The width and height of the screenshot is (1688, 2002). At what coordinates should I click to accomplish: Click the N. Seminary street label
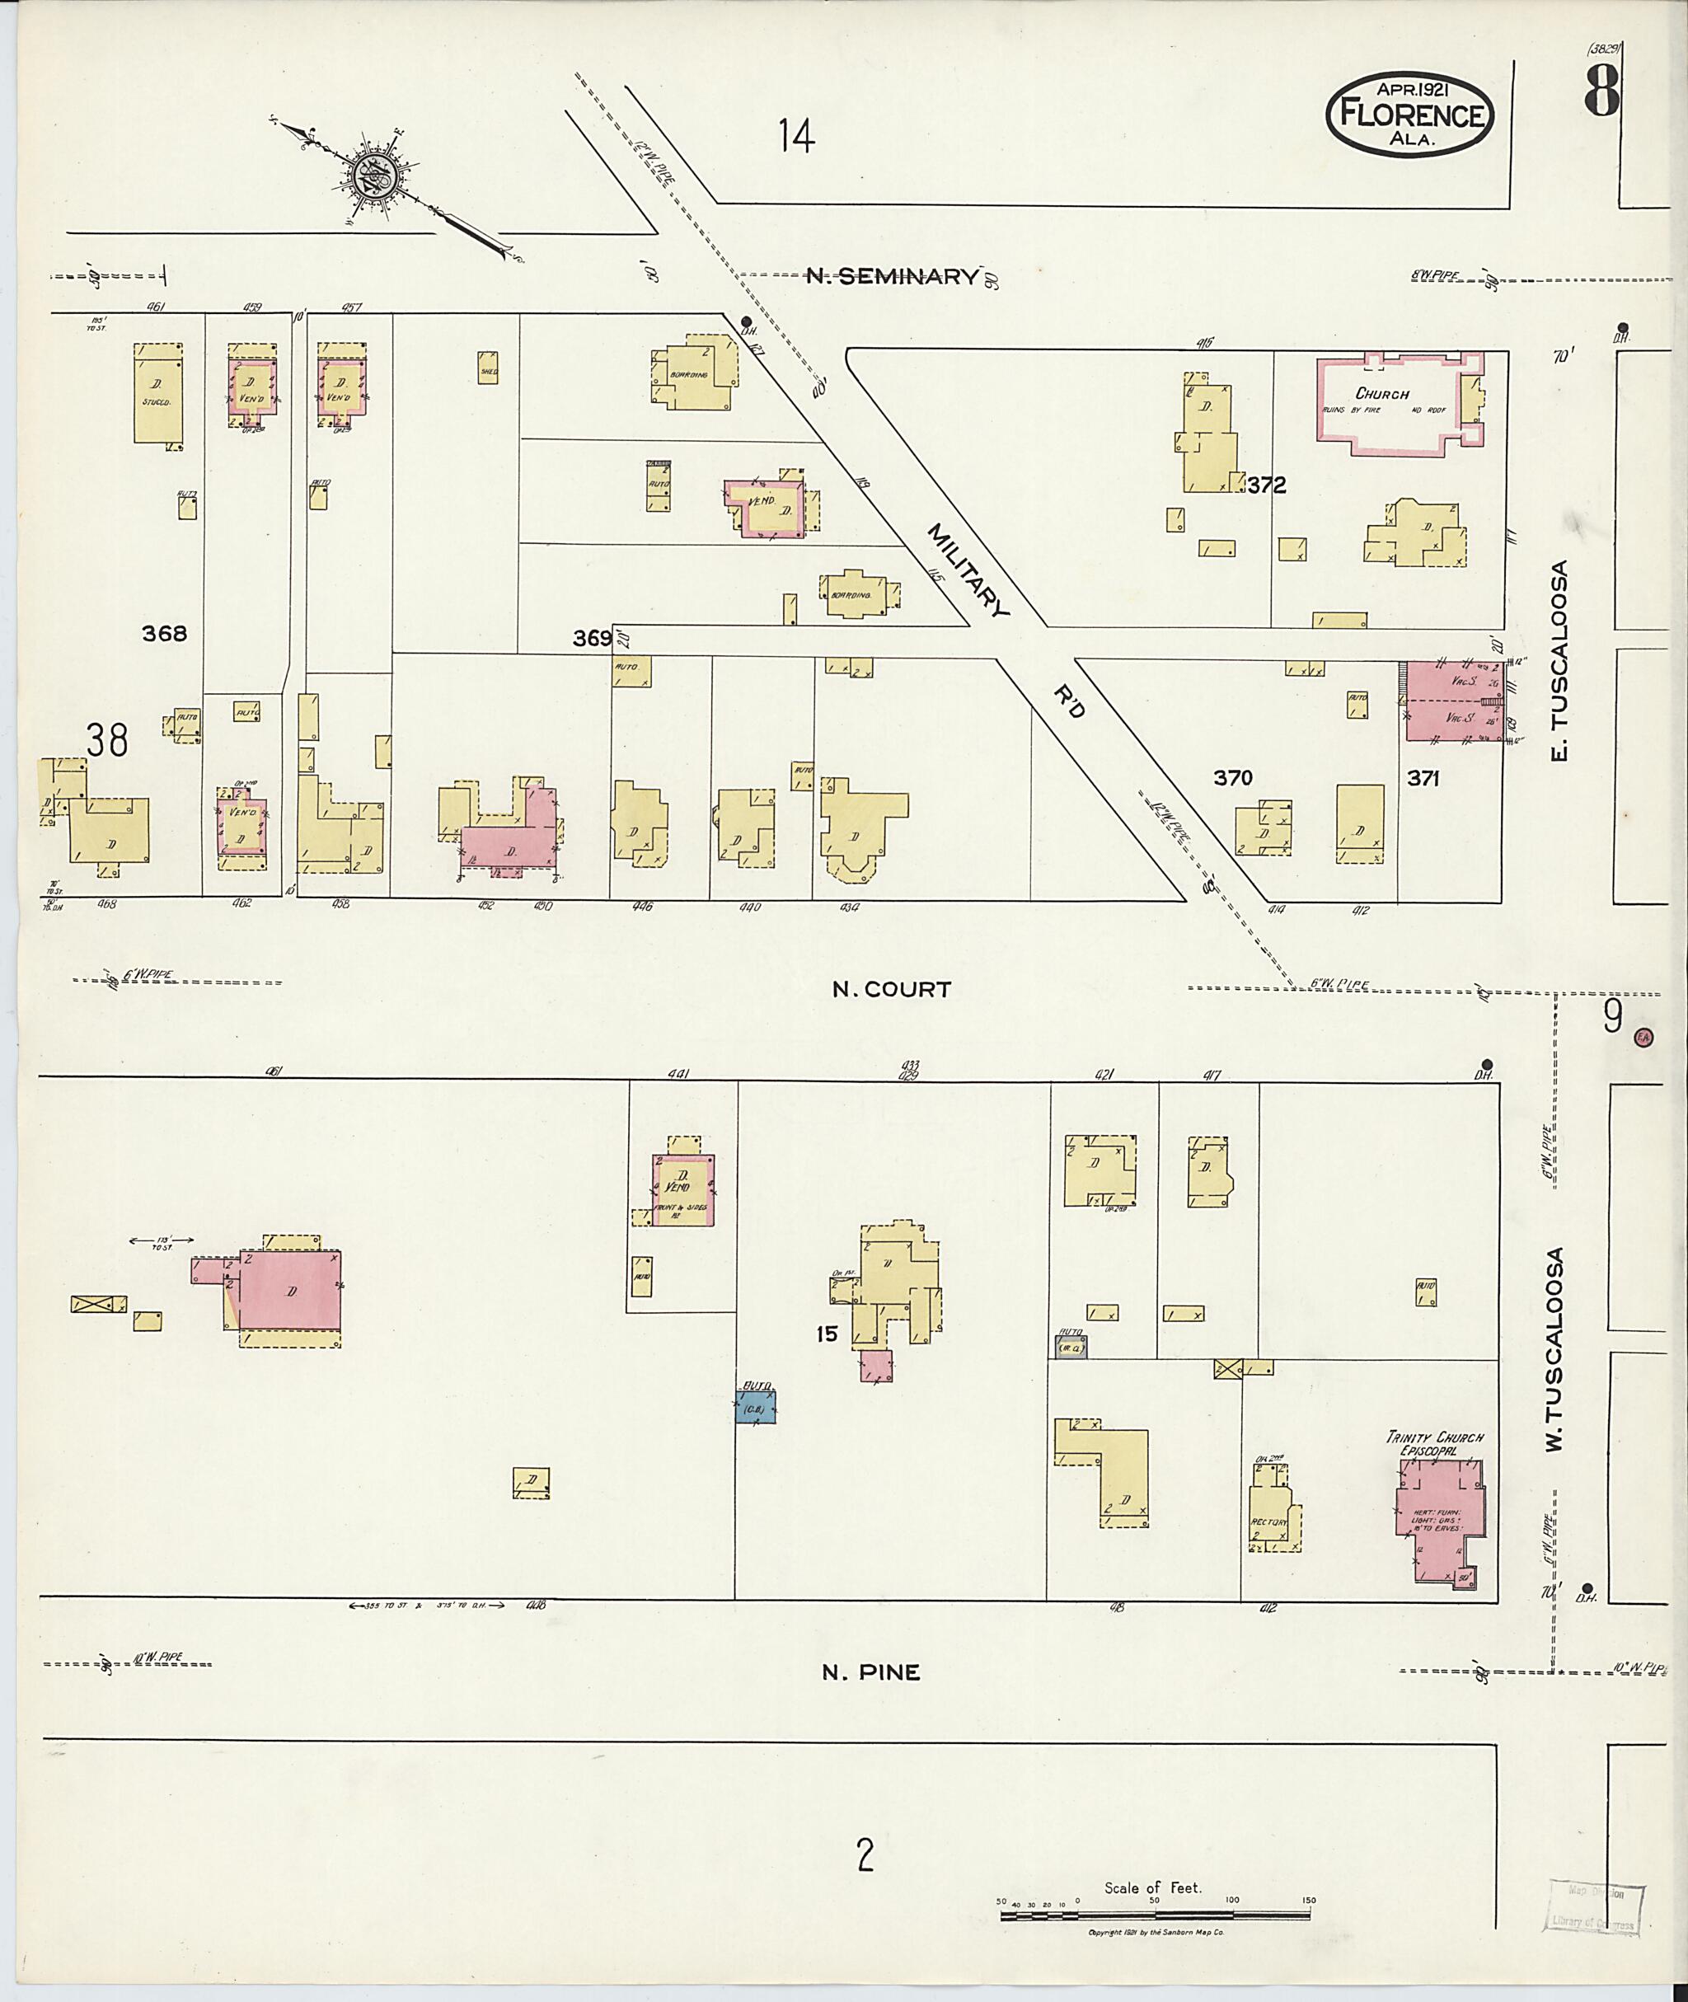(x=891, y=277)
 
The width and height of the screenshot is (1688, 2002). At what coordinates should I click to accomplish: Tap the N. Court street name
(x=891, y=990)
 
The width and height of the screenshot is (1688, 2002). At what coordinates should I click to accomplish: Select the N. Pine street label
(x=871, y=1671)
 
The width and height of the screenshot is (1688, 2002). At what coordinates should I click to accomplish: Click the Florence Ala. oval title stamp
(x=1409, y=114)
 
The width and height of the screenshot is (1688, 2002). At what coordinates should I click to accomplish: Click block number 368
(x=165, y=634)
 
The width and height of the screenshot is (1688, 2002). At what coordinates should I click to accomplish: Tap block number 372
(x=1266, y=485)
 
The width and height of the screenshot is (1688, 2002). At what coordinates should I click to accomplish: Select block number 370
(x=1232, y=778)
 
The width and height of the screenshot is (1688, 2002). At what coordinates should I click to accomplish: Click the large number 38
(x=106, y=740)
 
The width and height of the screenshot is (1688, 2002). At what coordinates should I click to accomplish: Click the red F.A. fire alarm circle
(x=1645, y=1035)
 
